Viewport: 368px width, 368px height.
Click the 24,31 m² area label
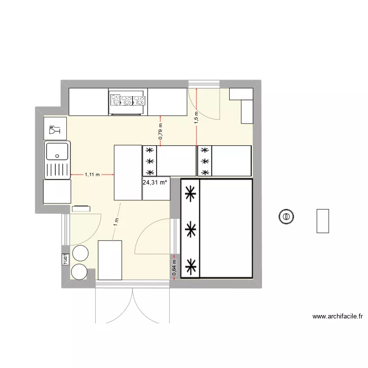tap(155, 183)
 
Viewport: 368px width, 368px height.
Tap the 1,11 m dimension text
tap(92, 174)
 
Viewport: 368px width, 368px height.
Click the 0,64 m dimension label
tap(175, 267)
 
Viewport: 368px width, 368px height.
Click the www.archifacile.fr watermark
tap(337, 316)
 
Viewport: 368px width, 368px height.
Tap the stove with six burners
tap(128, 101)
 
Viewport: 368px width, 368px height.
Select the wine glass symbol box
tap(54, 131)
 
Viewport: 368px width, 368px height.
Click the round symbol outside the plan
tap(286, 216)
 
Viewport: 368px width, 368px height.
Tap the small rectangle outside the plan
tap(322, 221)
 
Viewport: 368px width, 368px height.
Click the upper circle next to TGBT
tap(80, 253)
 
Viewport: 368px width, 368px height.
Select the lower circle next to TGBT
tap(79, 271)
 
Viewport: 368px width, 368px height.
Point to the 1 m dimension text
tap(116, 221)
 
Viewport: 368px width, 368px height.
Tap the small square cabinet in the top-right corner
tap(240, 94)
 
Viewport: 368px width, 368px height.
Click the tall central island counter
tap(128, 172)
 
